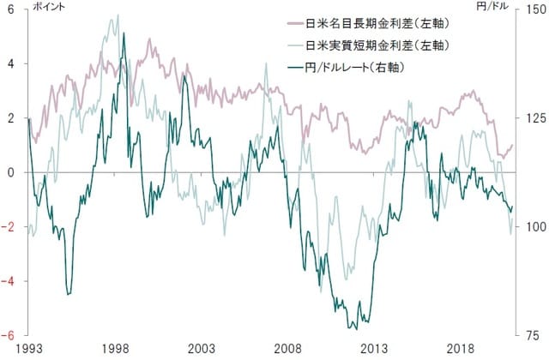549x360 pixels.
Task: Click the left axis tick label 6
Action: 11,9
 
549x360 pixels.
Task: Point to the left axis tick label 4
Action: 11,64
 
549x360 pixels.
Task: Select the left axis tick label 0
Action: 11,172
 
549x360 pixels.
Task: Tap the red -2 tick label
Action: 9,227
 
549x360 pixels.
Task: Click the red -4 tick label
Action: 9,281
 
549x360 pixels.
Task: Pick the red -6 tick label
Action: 9,335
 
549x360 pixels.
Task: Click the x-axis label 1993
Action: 28,350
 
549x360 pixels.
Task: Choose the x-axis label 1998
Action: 115,350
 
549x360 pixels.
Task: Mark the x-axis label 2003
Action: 202,350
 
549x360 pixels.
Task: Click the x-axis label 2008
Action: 288,350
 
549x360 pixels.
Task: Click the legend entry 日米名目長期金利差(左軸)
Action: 378,22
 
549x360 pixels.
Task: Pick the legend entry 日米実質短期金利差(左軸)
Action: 378,44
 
